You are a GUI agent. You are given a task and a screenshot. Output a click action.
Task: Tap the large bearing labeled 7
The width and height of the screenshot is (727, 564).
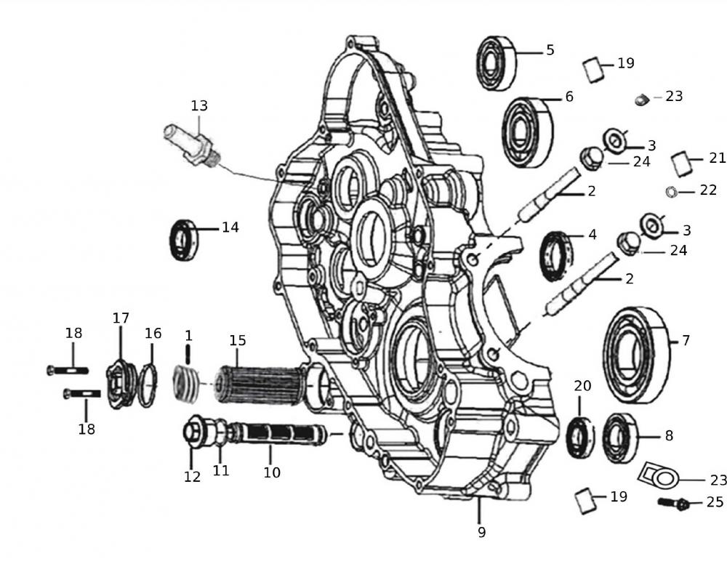pos(635,354)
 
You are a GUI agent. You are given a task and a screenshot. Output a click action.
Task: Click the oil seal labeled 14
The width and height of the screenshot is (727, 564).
pos(182,240)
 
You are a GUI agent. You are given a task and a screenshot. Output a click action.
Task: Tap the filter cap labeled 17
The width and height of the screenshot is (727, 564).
pos(120,382)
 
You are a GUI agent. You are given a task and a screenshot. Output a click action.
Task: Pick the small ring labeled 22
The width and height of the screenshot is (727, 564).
pos(672,191)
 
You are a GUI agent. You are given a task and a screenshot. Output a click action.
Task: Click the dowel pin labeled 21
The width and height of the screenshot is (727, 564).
pos(681,164)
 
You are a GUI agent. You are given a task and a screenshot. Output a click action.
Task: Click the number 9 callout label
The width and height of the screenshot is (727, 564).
pos(481,532)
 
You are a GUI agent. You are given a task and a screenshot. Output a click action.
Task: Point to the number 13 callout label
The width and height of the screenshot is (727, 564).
pos(199,106)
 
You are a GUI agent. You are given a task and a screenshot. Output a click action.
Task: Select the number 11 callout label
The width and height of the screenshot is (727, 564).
pos(221,470)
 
